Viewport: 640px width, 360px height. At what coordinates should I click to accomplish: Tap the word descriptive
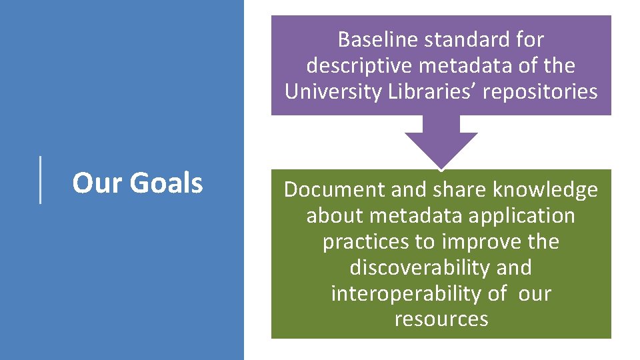click(361, 66)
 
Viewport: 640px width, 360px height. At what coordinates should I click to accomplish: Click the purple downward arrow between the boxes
click(441, 141)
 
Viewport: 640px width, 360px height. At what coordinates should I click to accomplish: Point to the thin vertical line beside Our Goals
click(41, 179)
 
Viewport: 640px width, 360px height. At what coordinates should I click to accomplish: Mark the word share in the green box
click(461, 190)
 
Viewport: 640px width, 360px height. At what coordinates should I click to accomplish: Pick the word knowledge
click(545, 190)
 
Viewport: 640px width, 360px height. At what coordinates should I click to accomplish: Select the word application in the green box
click(525, 216)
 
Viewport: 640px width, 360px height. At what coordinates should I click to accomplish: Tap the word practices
click(365, 241)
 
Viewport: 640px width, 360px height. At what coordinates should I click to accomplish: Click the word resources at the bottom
click(441, 319)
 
